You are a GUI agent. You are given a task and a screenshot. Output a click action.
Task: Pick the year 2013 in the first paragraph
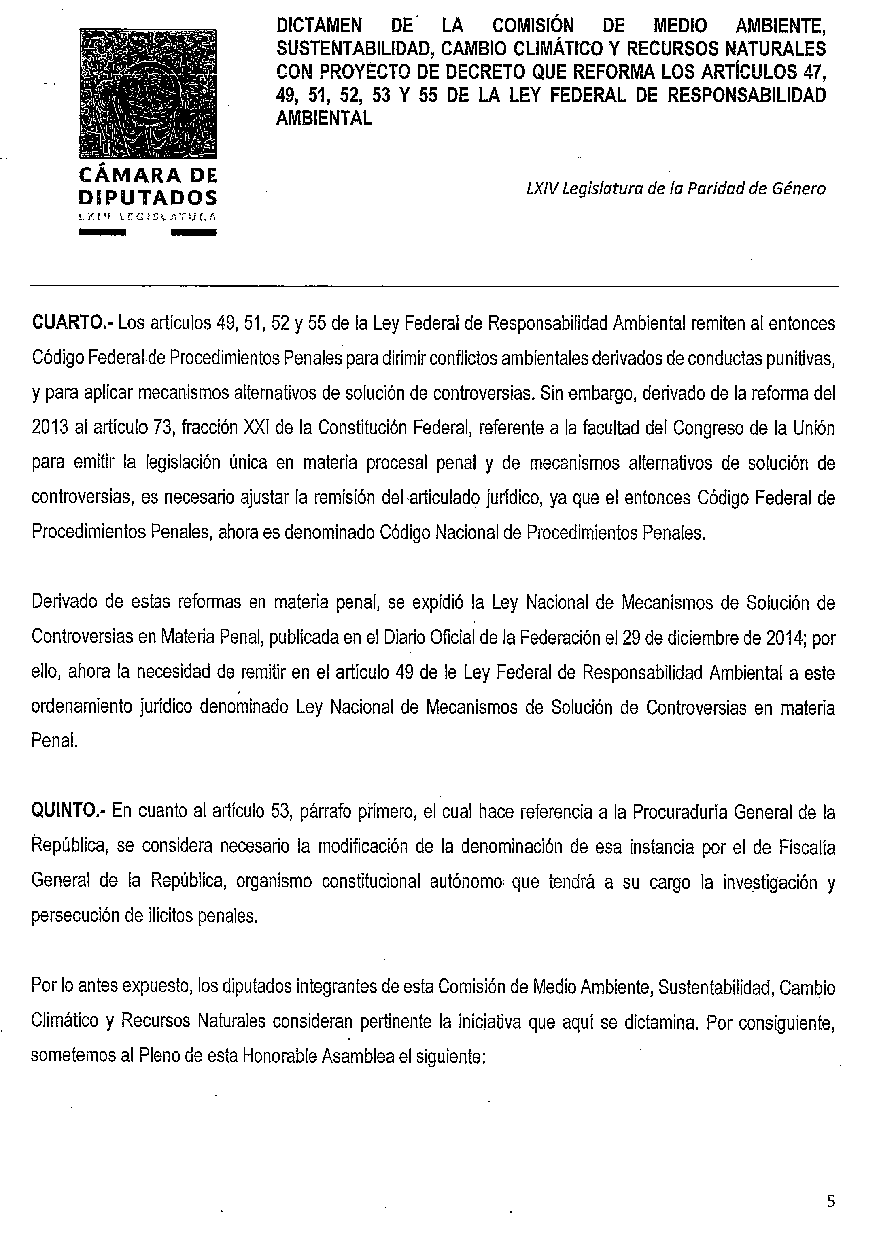click(x=50, y=428)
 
